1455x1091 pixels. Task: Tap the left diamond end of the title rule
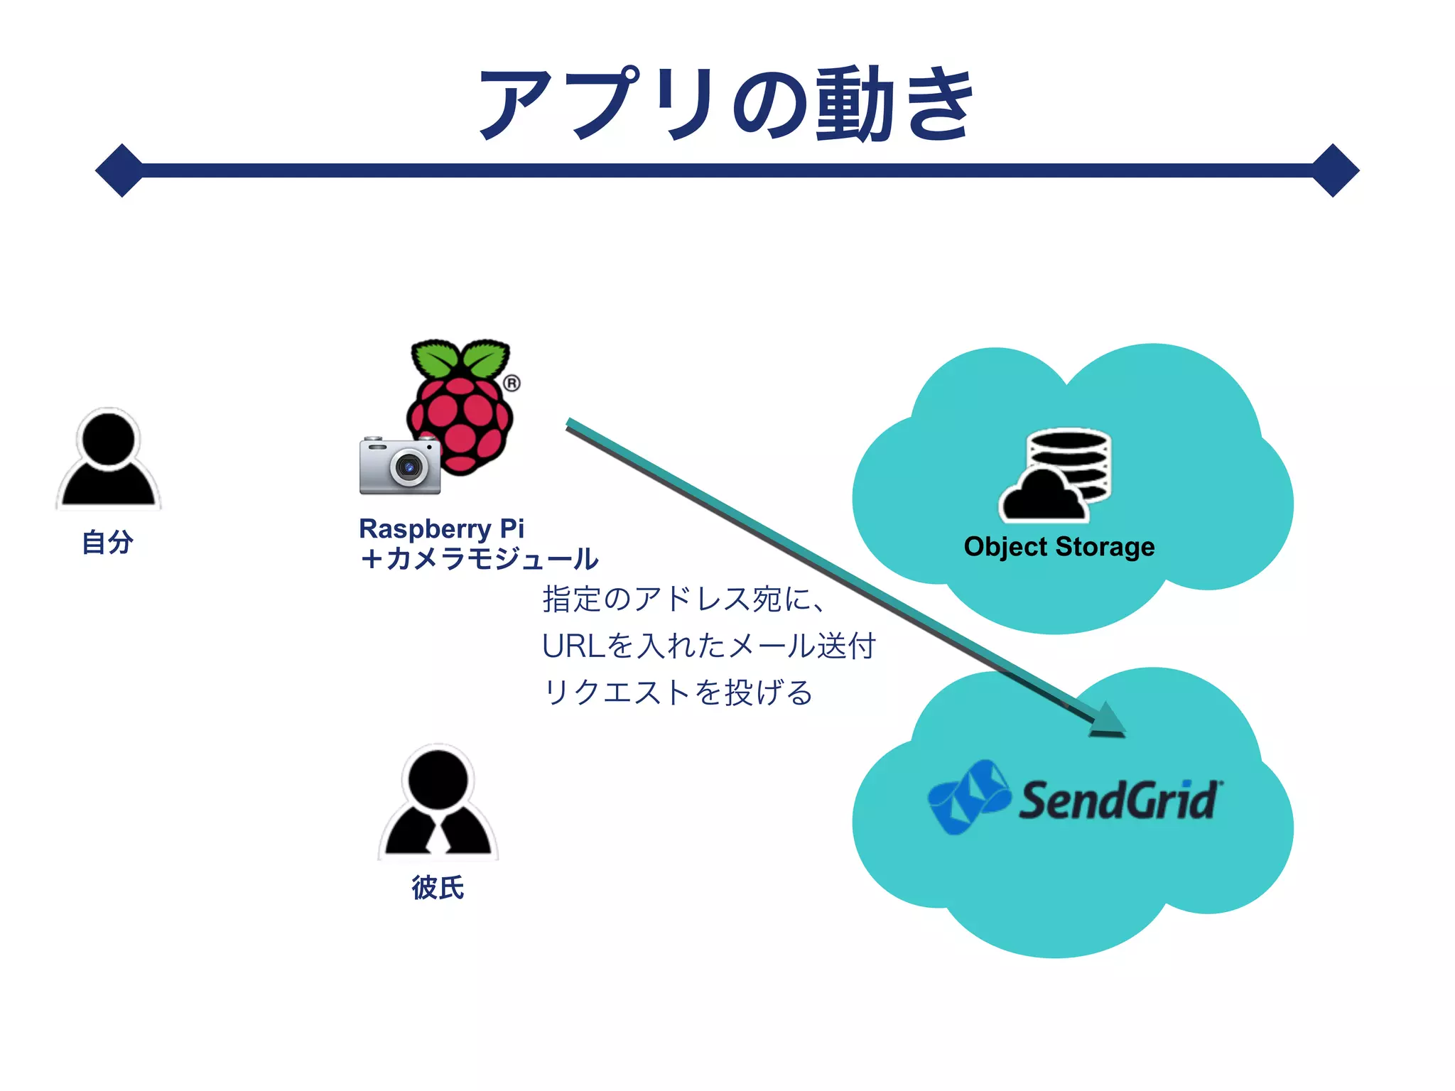[x=121, y=170]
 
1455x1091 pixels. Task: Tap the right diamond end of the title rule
[x=1334, y=170]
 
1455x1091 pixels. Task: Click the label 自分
[x=108, y=542]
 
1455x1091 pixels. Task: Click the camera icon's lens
[x=409, y=467]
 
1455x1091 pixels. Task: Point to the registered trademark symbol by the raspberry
[x=512, y=384]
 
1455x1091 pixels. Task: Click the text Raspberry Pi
[x=441, y=528]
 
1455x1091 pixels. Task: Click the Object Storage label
[x=1059, y=547]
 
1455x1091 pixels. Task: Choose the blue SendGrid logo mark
[x=969, y=797]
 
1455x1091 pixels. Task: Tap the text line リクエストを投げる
[x=677, y=693]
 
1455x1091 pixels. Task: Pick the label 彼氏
[x=438, y=888]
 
